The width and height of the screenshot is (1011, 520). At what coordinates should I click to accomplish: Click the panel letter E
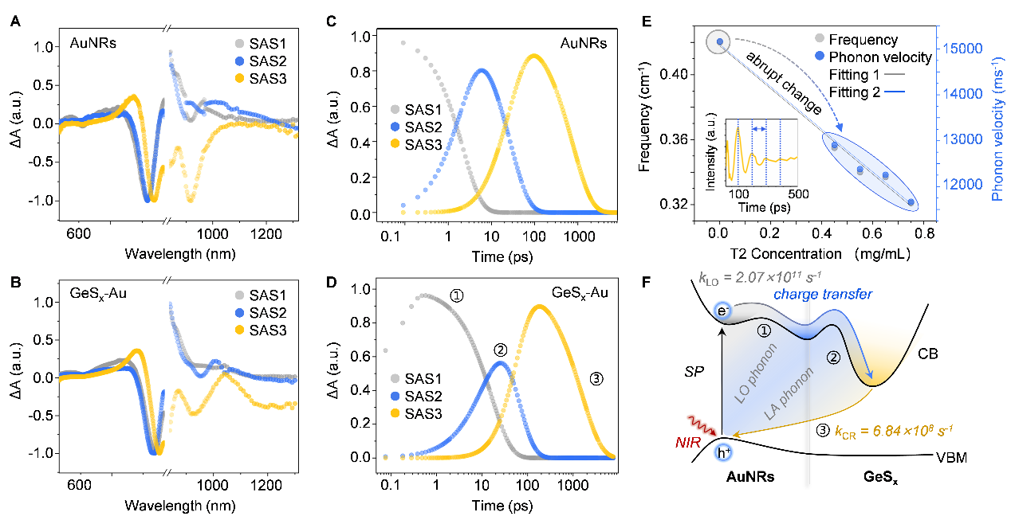647,22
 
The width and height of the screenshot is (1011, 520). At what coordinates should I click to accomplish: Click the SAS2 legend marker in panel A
240,61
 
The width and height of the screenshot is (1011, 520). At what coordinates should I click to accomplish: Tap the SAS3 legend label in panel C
423,145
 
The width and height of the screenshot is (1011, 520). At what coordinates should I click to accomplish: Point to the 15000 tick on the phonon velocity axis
962,49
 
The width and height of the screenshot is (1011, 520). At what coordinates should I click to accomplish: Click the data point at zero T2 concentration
720,42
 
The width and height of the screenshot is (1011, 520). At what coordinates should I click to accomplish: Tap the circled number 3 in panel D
596,379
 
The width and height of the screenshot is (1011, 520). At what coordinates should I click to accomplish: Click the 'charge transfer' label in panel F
823,295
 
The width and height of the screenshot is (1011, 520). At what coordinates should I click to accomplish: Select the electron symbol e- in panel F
722,311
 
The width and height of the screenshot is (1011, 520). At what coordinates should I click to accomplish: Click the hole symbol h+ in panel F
723,452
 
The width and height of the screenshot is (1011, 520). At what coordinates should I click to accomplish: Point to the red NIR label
688,443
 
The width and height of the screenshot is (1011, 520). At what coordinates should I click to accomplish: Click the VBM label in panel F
951,458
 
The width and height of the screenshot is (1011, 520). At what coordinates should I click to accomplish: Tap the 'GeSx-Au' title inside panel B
98,294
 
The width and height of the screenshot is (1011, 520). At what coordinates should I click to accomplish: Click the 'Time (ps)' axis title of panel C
502,257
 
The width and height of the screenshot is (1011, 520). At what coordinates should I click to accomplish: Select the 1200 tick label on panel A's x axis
266,234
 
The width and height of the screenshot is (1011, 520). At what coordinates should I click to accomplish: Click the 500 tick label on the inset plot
798,194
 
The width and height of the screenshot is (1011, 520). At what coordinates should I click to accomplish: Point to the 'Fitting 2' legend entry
867,92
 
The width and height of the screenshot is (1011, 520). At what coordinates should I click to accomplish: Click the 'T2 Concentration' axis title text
786,254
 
